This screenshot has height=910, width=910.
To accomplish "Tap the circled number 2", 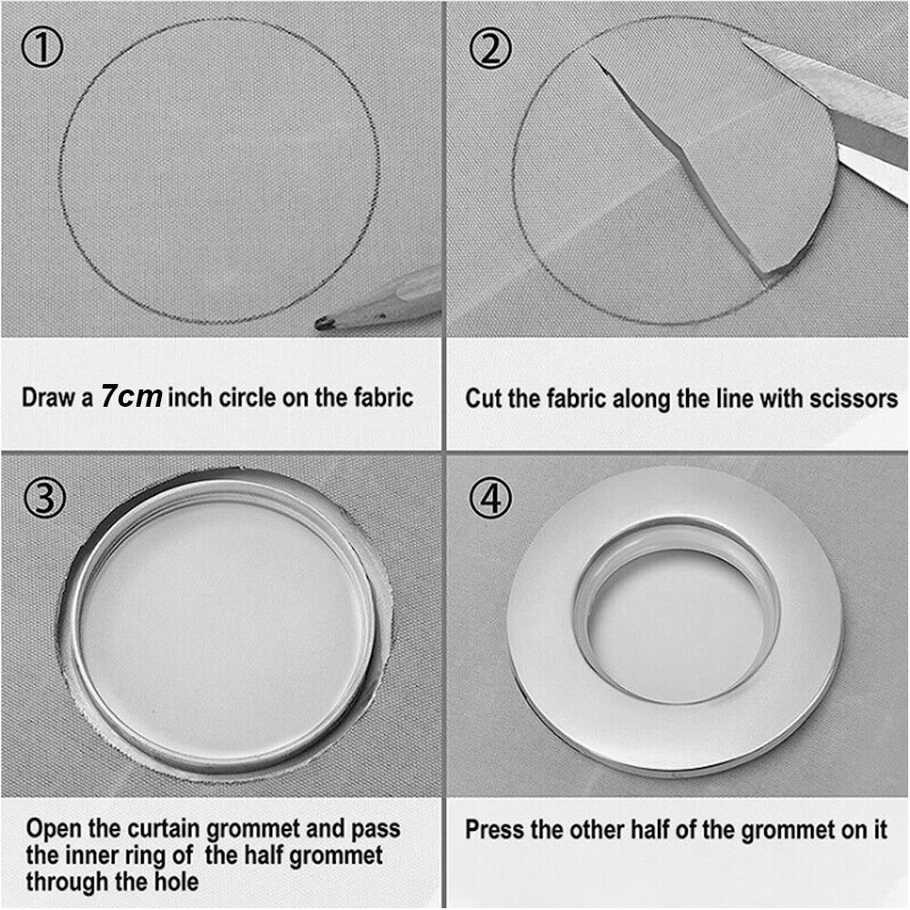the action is pos(490,48).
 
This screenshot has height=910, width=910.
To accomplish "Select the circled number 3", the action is pos(45,498).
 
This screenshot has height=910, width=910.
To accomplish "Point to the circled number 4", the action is pos(491,498).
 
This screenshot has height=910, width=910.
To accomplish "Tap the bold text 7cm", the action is pos(131,397).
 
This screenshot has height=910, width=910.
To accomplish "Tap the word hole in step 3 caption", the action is pos(177,882).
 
